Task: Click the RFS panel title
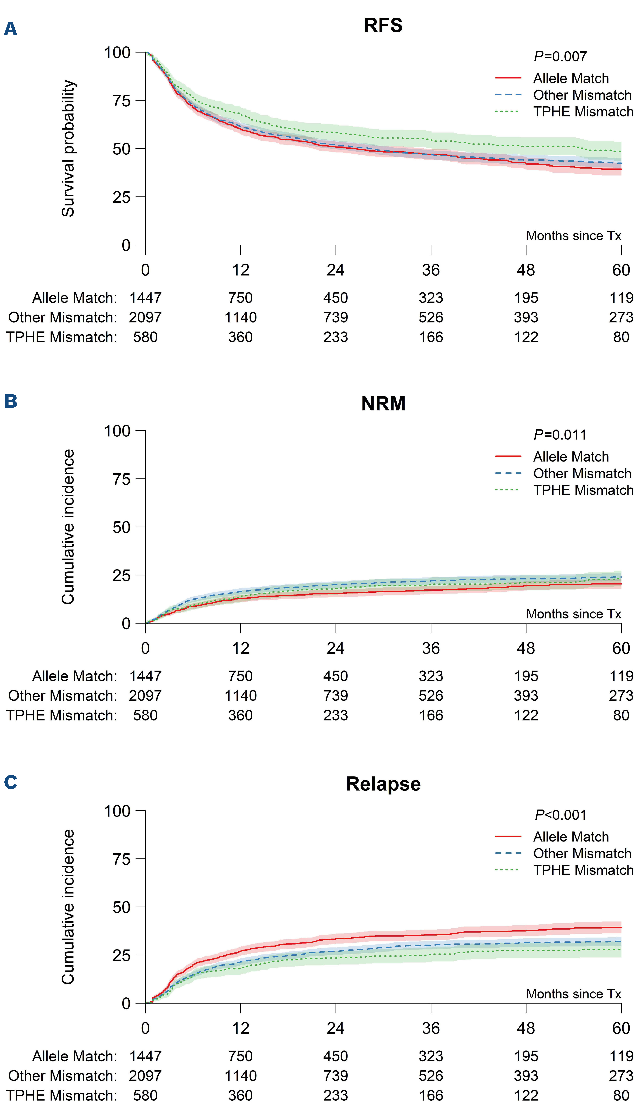pos(383,26)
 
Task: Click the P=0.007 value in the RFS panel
pos(560,56)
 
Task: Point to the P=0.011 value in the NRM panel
pos(560,435)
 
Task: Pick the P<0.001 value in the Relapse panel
pos(560,815)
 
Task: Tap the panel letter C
pos(11,782)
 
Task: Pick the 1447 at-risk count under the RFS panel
pos(146,298)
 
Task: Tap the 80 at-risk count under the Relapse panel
pos(621,1096)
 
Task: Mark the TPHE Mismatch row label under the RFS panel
pos(62,337)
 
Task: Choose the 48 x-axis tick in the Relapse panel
pos(526,1028)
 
